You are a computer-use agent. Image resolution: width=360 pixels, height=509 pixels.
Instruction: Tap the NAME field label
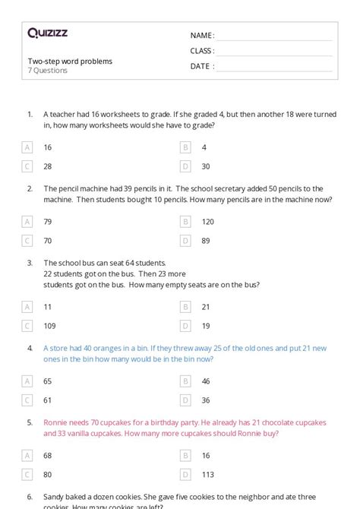pyautogui.click(x=202, y=36)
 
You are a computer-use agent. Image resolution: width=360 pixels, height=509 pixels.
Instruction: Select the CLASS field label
pyautogui.click(x=202, y=51)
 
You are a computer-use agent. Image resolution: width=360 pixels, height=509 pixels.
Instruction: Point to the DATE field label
pyautogui.click(x=201, y=66)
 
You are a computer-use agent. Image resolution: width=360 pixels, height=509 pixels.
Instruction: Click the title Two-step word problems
pyautogui.click(x=70, y=61)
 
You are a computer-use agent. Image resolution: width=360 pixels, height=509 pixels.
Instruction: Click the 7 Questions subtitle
pyautogui.click(x=48, y=71)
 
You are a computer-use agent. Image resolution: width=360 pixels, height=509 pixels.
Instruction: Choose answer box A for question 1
pyautogui.click(x=27, y=147)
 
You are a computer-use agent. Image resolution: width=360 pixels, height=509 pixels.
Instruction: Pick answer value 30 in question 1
pyautogui.click(x=206, y=166)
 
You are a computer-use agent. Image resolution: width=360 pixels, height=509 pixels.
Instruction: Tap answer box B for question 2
pyautogui.click(x=185, y=222)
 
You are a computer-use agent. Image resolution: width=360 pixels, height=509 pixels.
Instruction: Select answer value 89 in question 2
pyautogui.click(x=206, y=241)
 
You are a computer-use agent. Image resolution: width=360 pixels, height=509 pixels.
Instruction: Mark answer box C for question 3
pyautogui.click(x=27, y=326)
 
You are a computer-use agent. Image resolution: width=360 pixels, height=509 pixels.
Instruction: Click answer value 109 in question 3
pyautogui.click(x=49, y=326)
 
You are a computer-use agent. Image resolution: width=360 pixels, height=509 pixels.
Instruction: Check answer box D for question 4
pyautogui.click(x=185, y=400)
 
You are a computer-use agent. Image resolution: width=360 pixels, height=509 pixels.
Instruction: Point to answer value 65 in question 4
pyautogui.click(x=48, y=381)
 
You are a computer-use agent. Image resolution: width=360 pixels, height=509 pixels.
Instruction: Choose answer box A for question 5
pyautogui.click(x=27, y=456)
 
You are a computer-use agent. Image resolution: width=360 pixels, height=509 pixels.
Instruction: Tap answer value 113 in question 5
pyautogui.click(x=207, y=475)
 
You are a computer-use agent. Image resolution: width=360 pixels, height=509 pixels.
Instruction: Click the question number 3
pyautogui.click(x=30, y=263)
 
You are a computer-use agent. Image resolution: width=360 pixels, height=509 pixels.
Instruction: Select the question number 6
pyautogui.click(x=30, y=496)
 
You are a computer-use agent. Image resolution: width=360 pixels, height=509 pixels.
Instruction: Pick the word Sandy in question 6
pyautogui.click(x=55, y=496)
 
